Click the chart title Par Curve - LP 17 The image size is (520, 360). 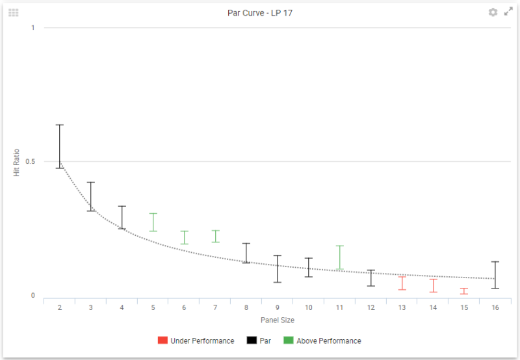(x=259, y=12)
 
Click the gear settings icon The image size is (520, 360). (x=493, y=12)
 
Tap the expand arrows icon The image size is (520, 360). (x=508, y=12)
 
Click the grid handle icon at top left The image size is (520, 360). (x=13, y=12)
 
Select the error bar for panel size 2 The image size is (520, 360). (x=59, y=146)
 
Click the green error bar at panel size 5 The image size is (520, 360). (x=153, y=222)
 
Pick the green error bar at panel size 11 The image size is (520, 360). (x=339, y=257)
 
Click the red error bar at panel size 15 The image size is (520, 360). (x=464, y=291)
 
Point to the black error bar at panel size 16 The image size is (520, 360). (x=495, y=275)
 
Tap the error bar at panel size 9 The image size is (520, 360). (x=278, y=269)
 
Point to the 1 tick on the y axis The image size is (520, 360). (x=32, y=28)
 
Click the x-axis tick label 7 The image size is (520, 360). (x=215, y=307)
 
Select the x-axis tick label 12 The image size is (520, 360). (x=370, y=307)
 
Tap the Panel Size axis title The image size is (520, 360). (x=278, y=320)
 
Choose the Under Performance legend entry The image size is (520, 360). (x=196, y=341)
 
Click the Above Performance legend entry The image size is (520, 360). (x=322, y=341)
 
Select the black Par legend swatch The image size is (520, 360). (x=252, y=341)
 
